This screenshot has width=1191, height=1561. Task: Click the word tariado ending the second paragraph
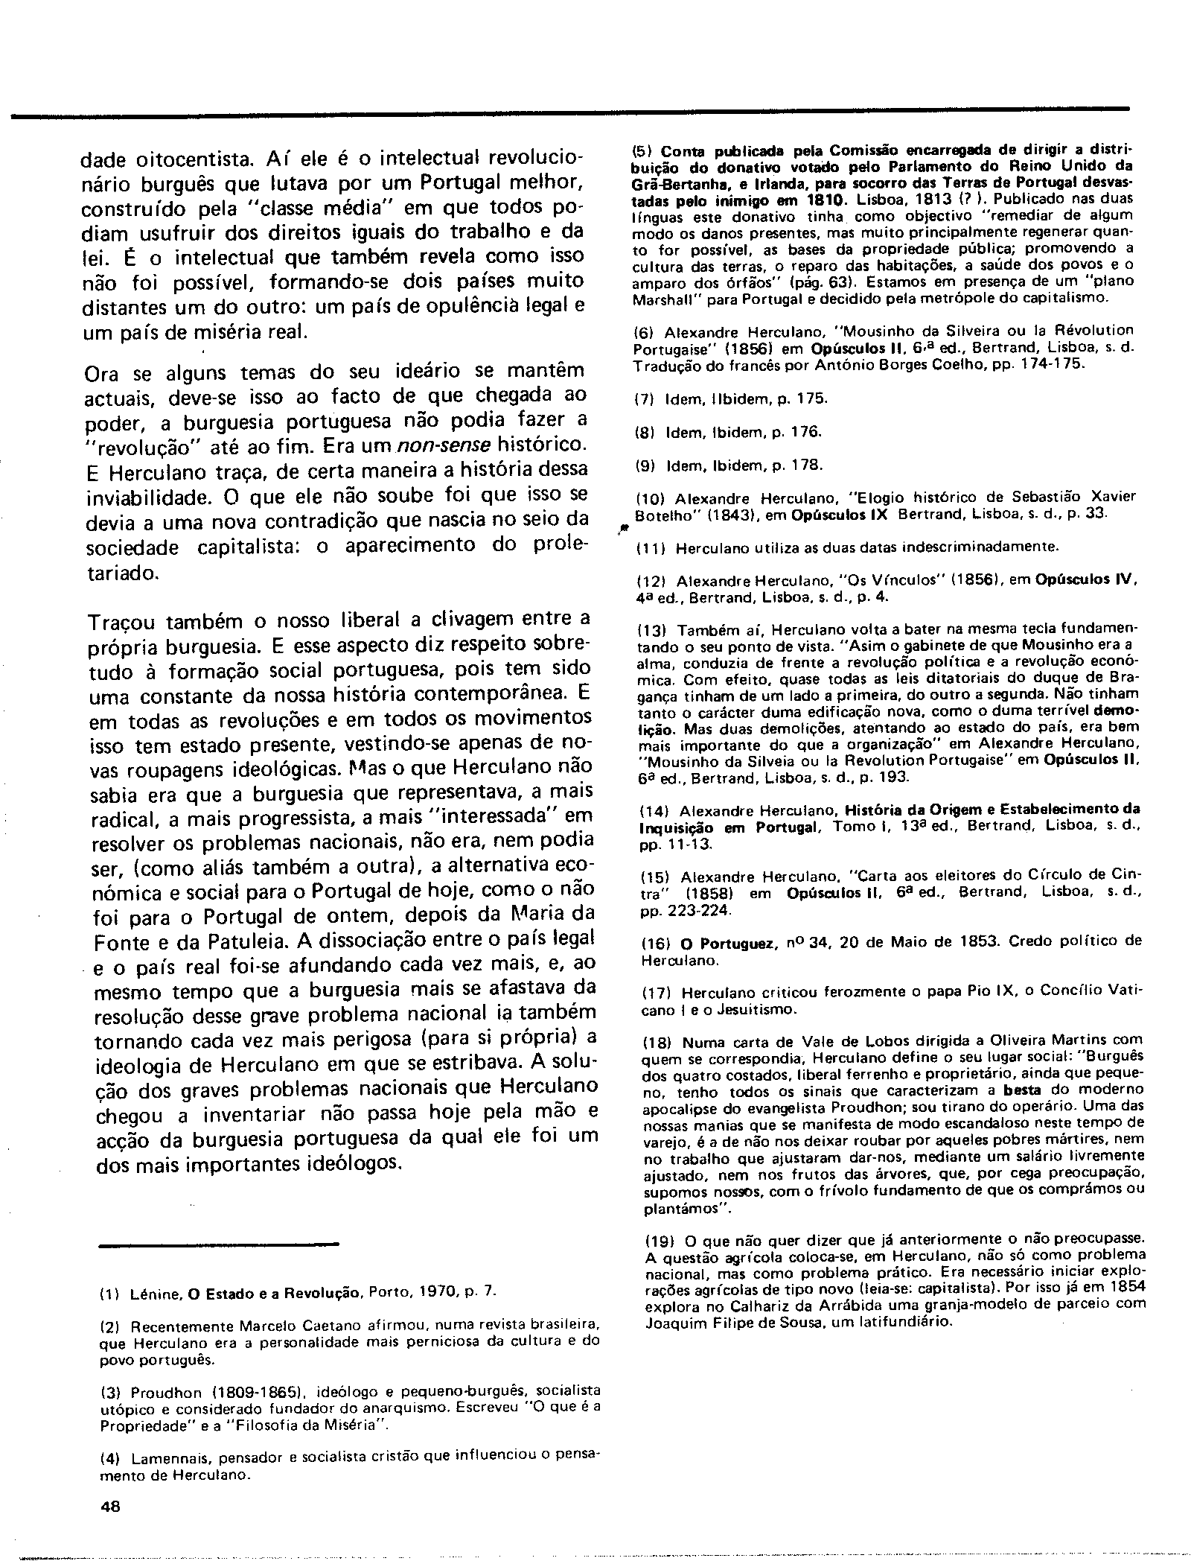[x=122, y=573]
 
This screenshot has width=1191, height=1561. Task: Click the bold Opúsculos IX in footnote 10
[x=840, y=514]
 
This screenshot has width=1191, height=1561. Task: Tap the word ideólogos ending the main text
[x=354, y=1163]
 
